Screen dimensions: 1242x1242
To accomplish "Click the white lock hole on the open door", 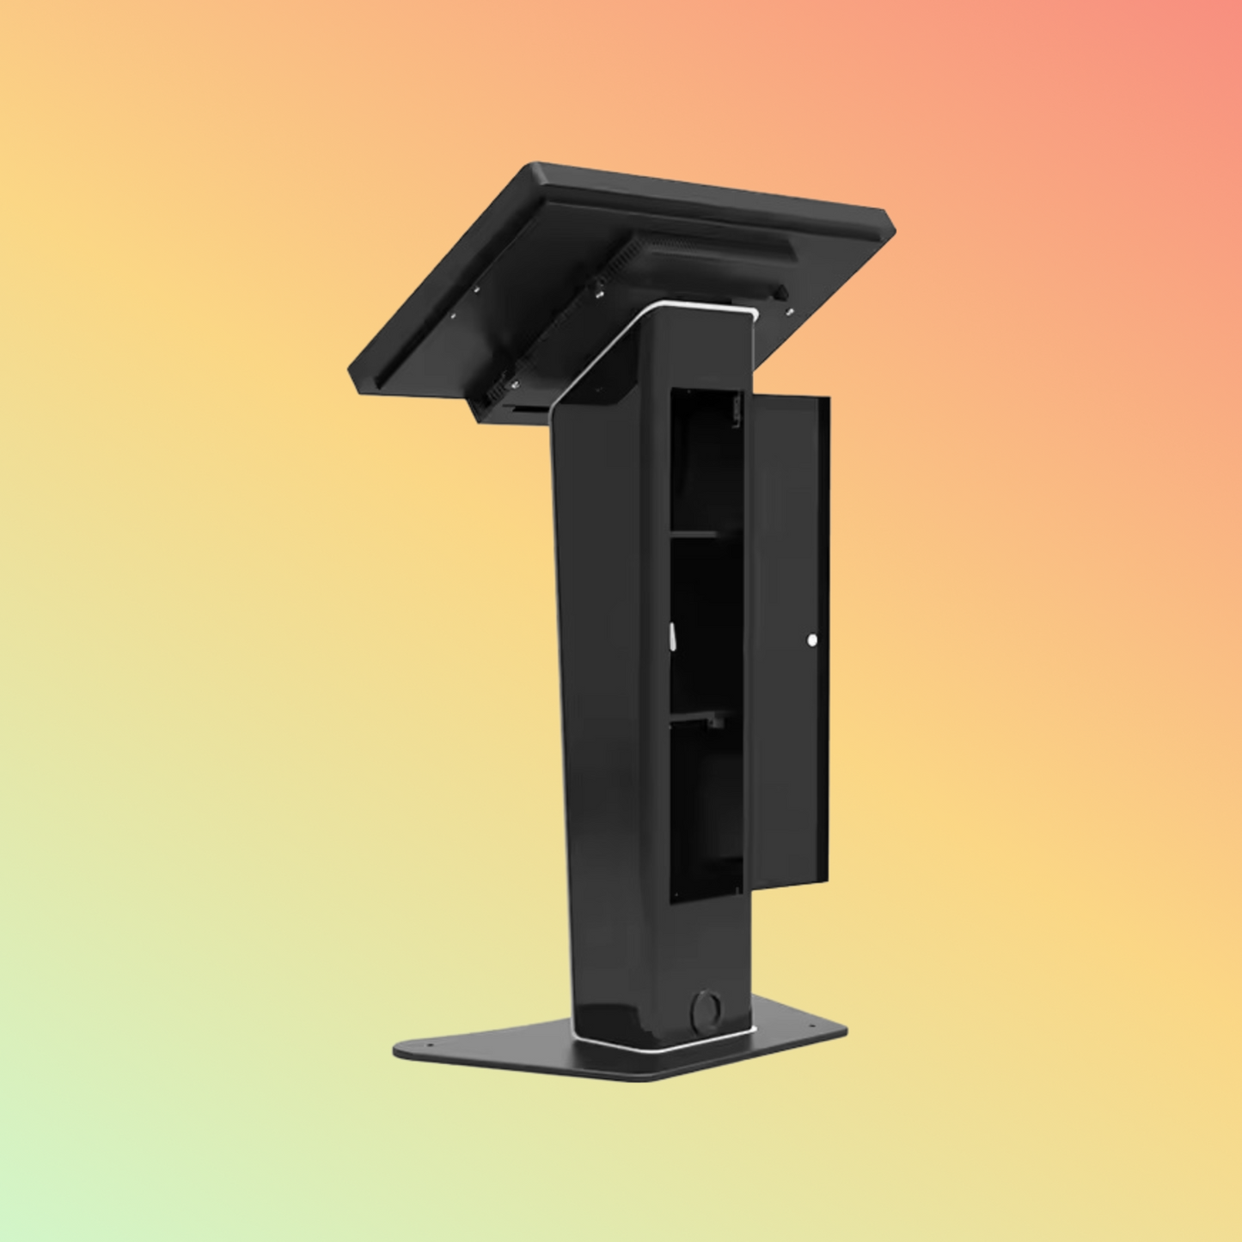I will [812, 639].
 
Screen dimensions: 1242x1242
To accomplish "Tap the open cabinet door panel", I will [791, 636].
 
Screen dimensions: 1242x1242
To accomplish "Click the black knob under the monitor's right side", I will [780, 294].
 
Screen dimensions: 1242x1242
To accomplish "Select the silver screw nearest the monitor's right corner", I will [790, 309].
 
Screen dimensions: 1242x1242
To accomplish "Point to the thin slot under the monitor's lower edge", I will [524, 412].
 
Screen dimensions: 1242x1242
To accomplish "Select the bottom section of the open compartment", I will [705, 808].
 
